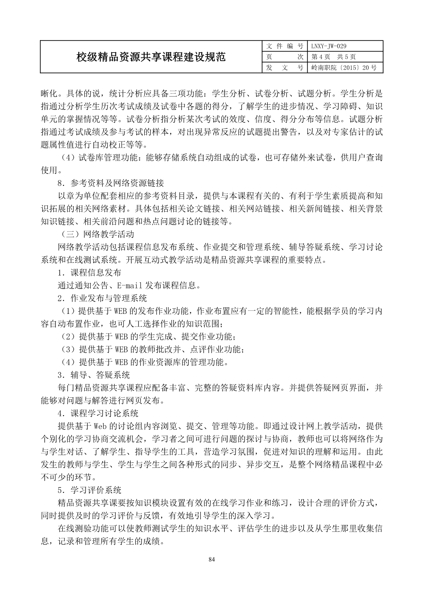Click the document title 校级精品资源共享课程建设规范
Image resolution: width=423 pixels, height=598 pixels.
pyautogui.click(x=151, y=57)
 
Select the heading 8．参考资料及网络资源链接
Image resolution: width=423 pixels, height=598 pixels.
pyautogui.click(x=111, y=183)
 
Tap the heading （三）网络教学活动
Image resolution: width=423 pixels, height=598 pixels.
pyautogui.click(x=96, y=234)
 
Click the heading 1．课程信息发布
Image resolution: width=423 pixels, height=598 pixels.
pyautogui.click(x=89, y=273)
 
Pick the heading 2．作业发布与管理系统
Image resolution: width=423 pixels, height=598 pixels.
pyautogui.click(x=102, y=298)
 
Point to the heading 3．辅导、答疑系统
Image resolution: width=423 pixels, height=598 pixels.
pyautogui.click(x=94, y=375)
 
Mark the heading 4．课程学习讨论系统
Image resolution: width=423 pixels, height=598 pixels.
pyautogui.click(x=98, y=413)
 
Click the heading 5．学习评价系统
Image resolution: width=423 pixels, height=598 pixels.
pyautogui.click(x=89, y=490)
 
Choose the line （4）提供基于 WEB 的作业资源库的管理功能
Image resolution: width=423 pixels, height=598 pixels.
pyautogui.click(x=144, y=362)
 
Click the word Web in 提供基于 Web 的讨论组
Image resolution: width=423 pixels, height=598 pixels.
pyautogui.click(x=101, y=426)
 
